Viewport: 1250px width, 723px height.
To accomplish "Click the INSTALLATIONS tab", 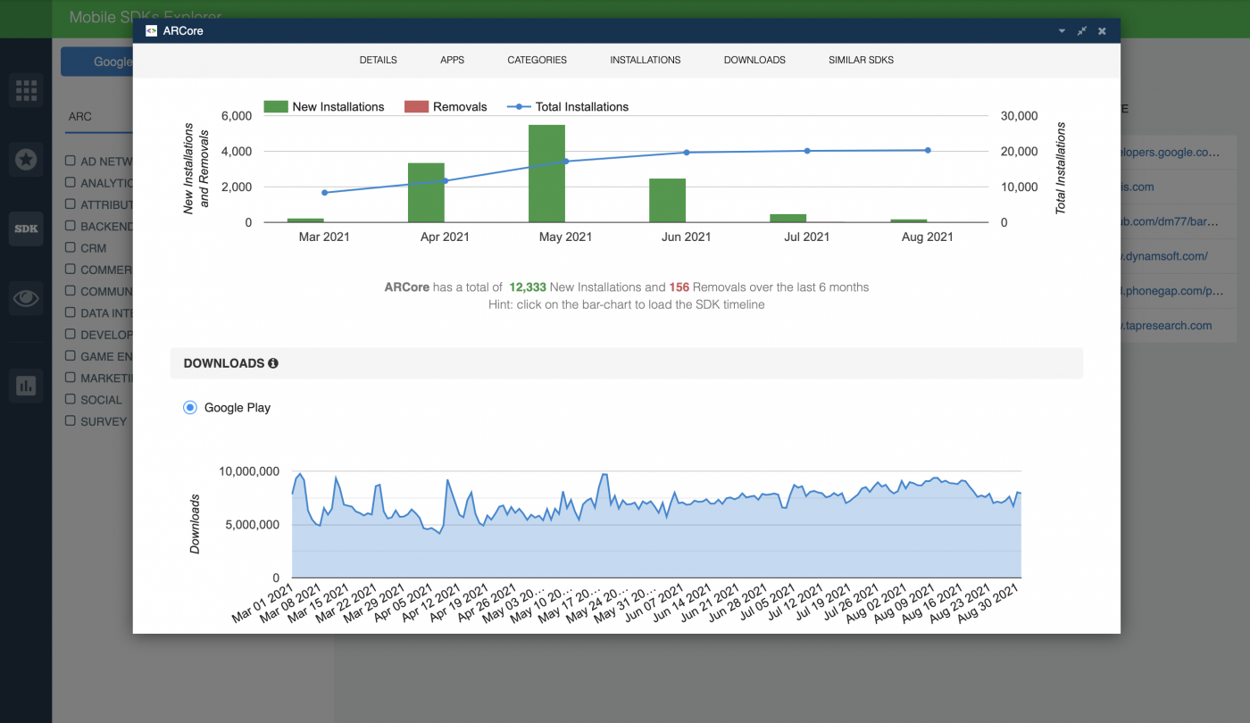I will [645, 60].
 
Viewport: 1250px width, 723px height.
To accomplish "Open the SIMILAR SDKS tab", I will [861, 60].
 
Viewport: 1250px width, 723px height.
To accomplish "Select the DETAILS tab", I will [378, 60].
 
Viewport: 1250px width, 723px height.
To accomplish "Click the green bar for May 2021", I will [546, 174].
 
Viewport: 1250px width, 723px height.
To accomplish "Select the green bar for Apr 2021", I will [426, 193].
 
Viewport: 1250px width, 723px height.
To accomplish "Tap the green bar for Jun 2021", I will [667, 201].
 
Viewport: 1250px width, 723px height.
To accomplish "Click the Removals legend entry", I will [446, 107].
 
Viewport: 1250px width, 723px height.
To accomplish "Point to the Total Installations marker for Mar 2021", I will [324, 193].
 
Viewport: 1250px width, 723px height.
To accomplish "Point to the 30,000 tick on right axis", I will [1018, 116].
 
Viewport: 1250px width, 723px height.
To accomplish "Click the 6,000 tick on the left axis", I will [237, 116].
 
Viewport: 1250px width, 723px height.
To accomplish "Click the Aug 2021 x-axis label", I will [927, 237].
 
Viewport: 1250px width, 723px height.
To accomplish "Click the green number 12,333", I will [527, 287].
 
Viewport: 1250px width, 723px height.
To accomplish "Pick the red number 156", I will [679, 287].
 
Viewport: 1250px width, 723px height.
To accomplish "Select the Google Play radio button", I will [189, 408].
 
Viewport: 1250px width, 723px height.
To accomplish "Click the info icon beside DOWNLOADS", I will [273, 363].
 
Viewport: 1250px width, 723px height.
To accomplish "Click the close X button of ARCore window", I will [1102, 31].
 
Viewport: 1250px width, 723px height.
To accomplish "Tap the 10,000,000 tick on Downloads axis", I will [249, 471].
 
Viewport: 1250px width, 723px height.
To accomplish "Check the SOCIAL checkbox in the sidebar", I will [70, 400].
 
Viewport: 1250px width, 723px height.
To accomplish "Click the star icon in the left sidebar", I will [26, 160].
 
